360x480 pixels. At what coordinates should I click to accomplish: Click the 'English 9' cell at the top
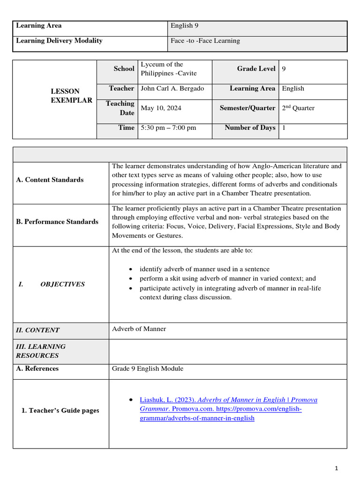pos(181,26)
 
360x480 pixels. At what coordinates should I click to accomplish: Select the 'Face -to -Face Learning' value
pos(205,41)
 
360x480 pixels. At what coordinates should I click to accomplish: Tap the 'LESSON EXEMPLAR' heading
pos(71,96)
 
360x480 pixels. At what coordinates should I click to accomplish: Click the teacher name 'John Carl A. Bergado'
pos(172,89)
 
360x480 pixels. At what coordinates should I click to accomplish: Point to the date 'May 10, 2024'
pos(161,108)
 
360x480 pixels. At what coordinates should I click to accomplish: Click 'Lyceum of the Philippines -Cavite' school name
pos(168,69)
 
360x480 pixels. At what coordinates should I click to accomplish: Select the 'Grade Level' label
pos(256,69)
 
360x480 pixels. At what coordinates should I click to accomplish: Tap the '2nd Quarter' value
pos(298,108)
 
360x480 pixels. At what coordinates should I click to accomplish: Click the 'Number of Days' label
pos(250,127)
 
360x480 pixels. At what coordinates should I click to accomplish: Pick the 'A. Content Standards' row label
pos(50,180)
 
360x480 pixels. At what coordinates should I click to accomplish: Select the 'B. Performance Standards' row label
pos(57,222)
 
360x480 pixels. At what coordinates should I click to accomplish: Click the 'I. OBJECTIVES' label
pos(52,284)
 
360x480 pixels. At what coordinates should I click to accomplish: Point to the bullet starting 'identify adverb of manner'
pos(204,269)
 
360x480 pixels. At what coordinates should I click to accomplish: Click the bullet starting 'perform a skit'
pos(227,278)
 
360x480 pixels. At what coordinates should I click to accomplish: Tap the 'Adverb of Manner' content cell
pos(139,329)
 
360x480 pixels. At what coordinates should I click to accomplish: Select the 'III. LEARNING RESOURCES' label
pos(41,351)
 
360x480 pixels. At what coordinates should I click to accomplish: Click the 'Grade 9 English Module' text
pos(148,368)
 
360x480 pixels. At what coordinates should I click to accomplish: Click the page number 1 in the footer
pos(336,468)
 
